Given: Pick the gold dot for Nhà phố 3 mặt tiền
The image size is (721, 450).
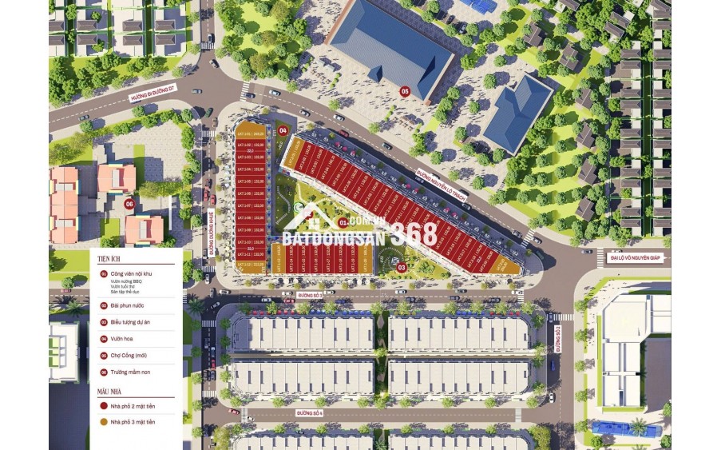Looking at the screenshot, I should [x=103, y=421].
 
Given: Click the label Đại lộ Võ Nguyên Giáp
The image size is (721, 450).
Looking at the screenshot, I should [x=634, y=257].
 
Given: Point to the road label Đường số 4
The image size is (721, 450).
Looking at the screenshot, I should [x=307, y=412].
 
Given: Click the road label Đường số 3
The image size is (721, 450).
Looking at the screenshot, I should [x=308, y=295].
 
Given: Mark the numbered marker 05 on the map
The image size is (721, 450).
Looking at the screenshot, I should [x=405, y=92].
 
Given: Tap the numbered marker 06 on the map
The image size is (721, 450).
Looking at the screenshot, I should [x=129, y=204].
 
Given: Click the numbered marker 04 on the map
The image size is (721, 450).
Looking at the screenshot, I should [x=283, y=129].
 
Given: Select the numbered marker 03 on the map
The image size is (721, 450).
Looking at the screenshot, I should [x=402, y=267].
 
